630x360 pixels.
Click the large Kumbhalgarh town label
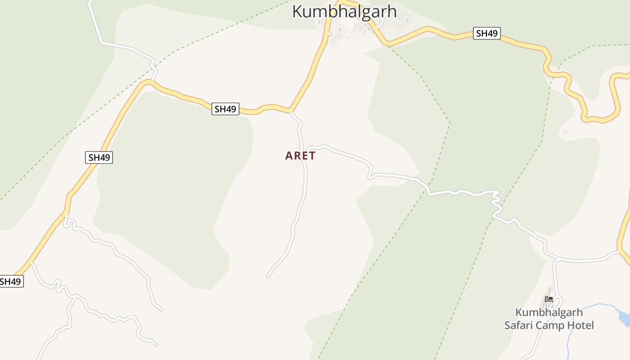coord(344,11)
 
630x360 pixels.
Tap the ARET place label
coord(300,156)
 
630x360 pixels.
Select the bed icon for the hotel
coord(549,299)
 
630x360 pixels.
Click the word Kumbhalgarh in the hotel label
coord(549,312)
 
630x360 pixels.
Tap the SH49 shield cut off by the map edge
coord(10,282)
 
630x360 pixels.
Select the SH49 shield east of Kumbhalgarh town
coord(486,33)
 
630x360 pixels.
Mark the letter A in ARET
coord(288,156)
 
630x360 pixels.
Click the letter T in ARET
coord(312,156)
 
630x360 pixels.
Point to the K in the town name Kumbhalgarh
coord(297,11)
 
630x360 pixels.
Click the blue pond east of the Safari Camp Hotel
coord(625,317)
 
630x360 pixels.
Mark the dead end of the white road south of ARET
coord(268,277)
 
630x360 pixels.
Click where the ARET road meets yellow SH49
coord(291,111)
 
